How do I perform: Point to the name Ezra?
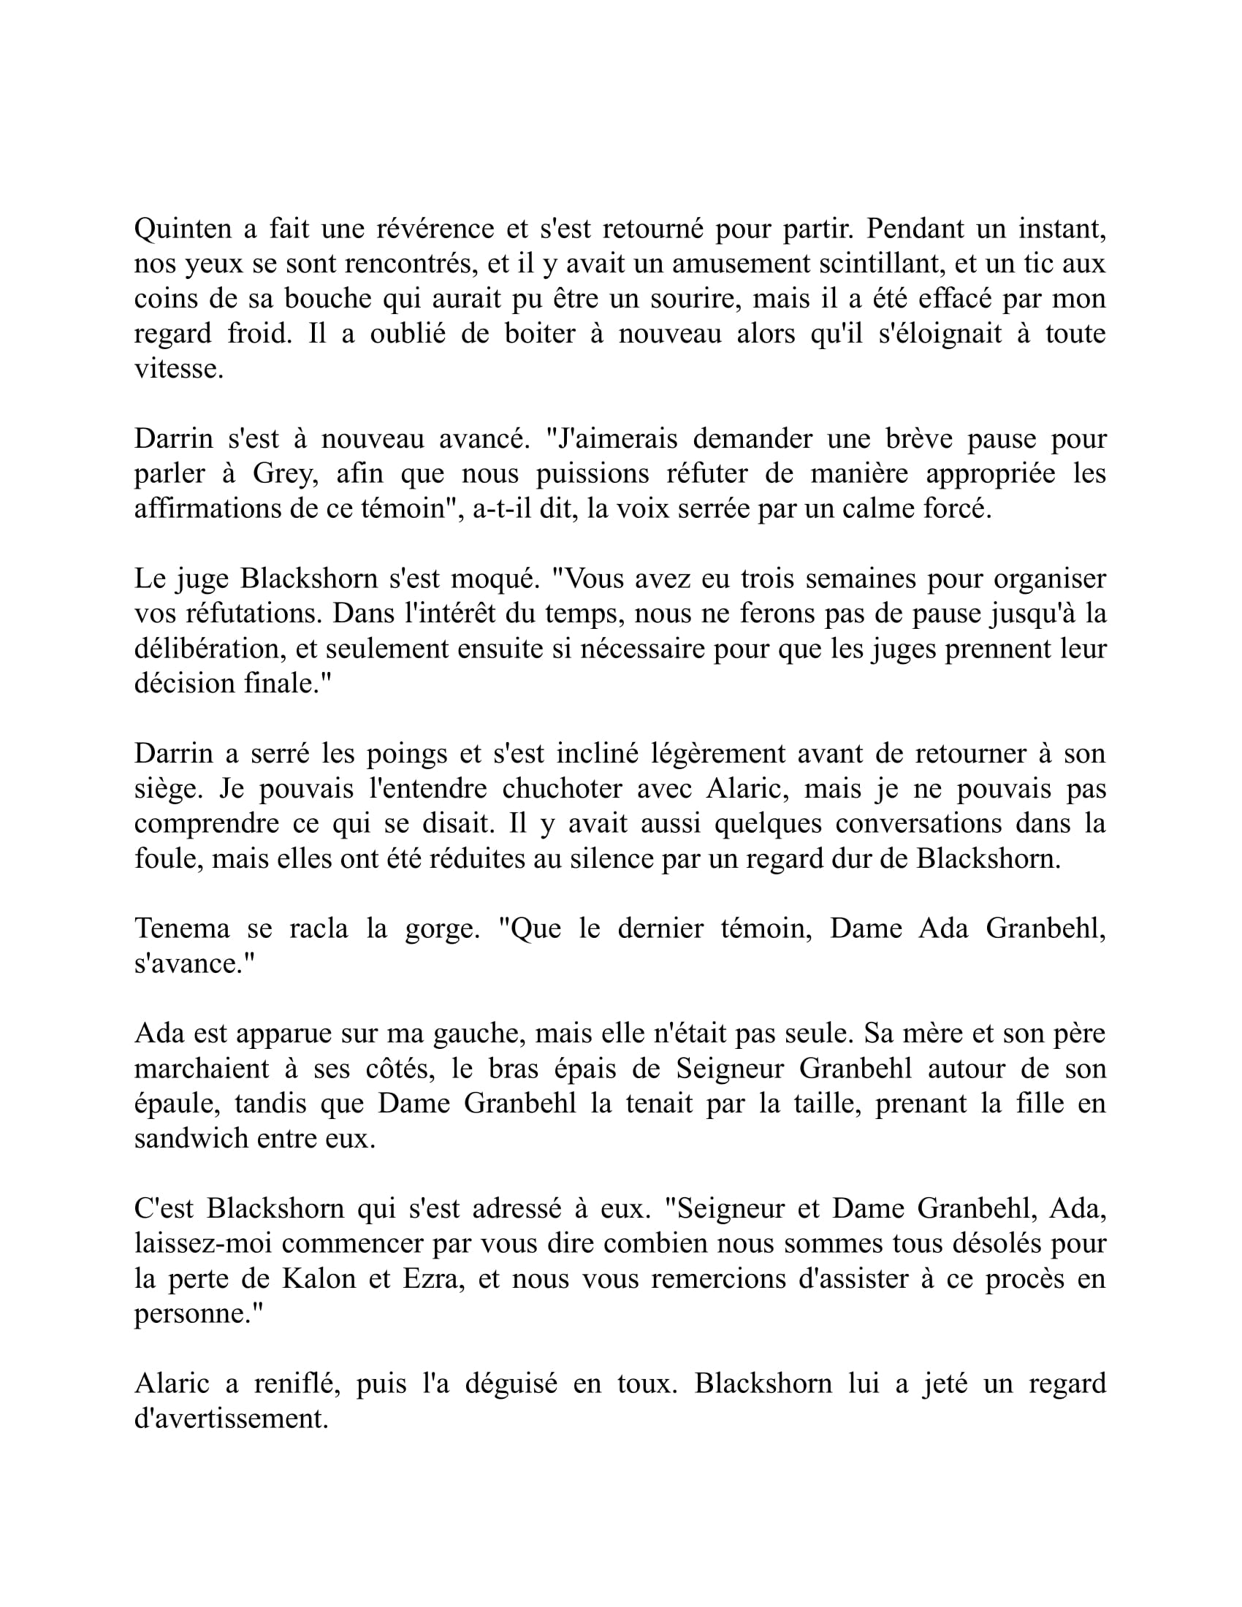[434, 1280]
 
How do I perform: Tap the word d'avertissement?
[231, 1419]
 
